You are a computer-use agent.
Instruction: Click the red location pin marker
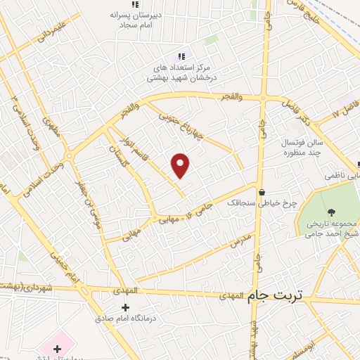(x=181, y=165)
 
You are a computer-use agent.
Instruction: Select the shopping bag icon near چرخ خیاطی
(x=262, y=191)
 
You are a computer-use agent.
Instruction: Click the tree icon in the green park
(x=330, y=212)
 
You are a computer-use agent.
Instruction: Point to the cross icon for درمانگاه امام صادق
(x=126, y=307)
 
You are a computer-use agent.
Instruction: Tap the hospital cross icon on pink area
(x=57, y=348)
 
